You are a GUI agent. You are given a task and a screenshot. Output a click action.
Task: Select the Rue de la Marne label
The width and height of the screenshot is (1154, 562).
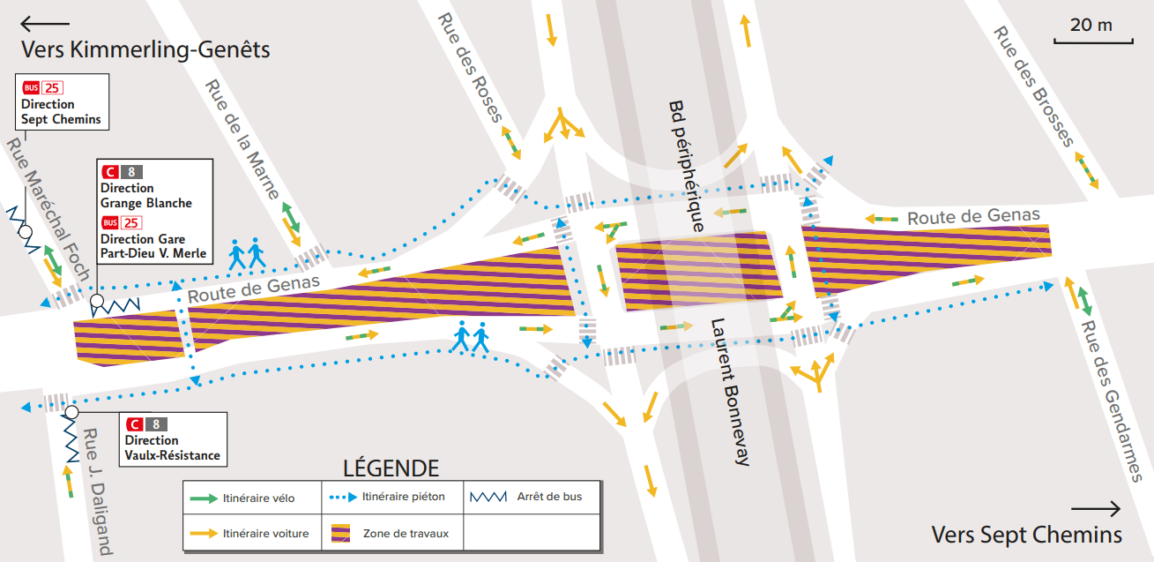(242, 139)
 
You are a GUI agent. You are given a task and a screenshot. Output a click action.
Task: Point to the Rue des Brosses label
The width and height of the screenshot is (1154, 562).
(1033, 86)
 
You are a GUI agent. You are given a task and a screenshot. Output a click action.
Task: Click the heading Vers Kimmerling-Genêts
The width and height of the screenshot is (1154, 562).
(145, 49)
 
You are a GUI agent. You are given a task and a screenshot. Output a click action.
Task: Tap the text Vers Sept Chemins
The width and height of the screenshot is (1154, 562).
(1027, 535)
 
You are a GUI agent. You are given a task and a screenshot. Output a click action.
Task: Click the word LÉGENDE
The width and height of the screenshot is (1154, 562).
(390, 468)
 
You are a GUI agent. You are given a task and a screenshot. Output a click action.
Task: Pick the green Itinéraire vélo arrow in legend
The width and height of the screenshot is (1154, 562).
(204, 498)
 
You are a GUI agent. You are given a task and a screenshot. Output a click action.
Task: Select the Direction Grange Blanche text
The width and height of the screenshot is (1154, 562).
(146, 196)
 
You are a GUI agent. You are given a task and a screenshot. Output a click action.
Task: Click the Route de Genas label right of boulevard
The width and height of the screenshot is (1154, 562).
(973, 215)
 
